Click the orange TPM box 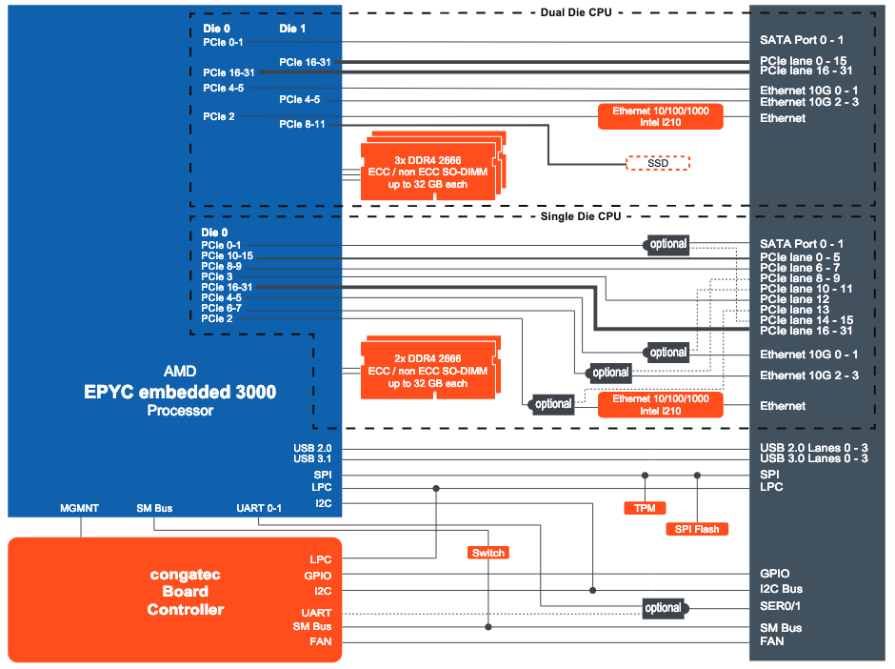click(x=644, y=508)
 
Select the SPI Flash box click(x=697, y=529)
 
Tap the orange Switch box click(x=488, y=553)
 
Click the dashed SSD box click(x=657, y=163)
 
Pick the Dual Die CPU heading click(x=575, y=12)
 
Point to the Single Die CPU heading click(x=576, y=216)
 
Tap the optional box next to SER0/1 click(x=663, y=608)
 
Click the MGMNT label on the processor click(x=80, y=508)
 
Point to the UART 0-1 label click(x=259, y=508)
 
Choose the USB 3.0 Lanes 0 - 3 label click(x=813, y=459)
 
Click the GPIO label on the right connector click(x=774, y=574)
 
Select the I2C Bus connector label click(x=781, y=589)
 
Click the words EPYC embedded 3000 click(x=180, y=392)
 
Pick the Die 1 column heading click(x=292, y=29)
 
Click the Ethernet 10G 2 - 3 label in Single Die click(x=808, y=375)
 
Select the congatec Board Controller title click(x=186, y=592)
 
